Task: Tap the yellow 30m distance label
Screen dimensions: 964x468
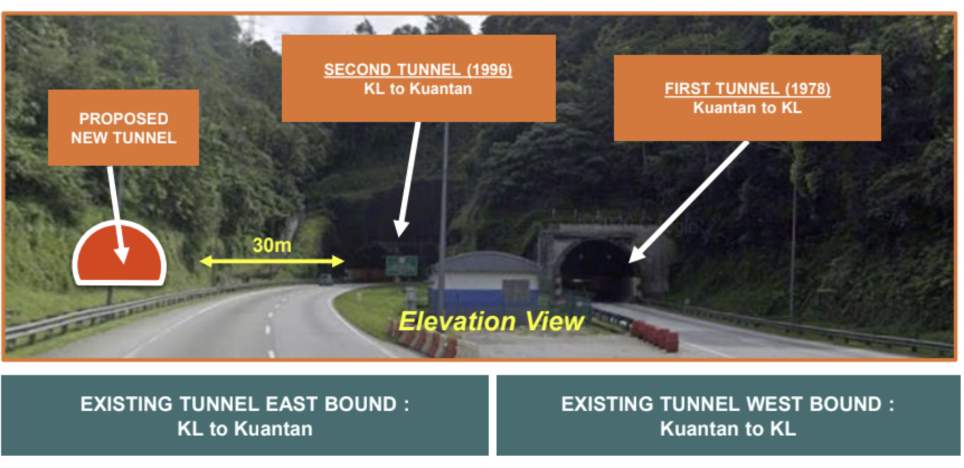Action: coord(272,245)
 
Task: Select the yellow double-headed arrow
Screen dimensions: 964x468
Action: coord(272,261)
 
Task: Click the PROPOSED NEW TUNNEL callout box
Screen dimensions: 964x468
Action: coord(124,128)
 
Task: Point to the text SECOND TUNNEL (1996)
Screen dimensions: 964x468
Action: coord(418,69)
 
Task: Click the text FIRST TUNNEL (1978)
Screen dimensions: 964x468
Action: coord(748,88)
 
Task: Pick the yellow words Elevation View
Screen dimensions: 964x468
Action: coord(491,321)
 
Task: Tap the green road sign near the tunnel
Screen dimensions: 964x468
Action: coord(401,265)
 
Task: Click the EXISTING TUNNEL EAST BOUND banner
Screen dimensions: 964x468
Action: coord(245,415)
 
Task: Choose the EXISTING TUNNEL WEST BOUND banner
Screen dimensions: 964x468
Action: coord(728,415)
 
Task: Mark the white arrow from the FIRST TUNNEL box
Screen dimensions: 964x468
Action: coord(688,202)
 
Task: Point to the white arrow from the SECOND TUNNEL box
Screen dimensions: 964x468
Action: coord(409,179)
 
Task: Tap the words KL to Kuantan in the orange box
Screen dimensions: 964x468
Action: coord(418,88)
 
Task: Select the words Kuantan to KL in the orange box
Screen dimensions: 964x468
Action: coord(748,107)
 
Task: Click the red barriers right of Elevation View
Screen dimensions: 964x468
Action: coord(654,335)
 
